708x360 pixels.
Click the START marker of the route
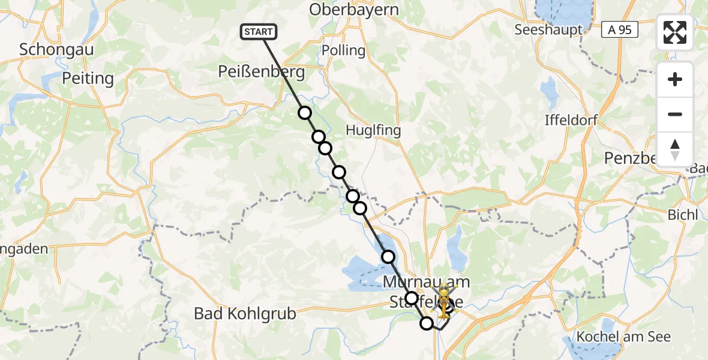[x=259, y=32]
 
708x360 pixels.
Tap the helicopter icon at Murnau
[x=443, y=301]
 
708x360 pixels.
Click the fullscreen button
[x=675, y=32]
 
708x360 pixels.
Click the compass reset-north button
[x=675, y=149]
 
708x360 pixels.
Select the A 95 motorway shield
[x=620, y=29]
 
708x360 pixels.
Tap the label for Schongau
[x=56, y=49]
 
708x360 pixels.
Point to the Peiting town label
[x=88, y=78]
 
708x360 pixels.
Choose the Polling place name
[x=343, y=50]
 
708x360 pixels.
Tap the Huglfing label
[x=373, y=130]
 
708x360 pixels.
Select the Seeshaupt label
[x=548, y=29]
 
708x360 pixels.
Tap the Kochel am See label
[x=623, y=337]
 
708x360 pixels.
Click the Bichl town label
[x=682, y=214]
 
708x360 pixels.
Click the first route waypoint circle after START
[x=305, y=113]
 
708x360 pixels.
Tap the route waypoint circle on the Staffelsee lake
[x=388, y=257]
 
